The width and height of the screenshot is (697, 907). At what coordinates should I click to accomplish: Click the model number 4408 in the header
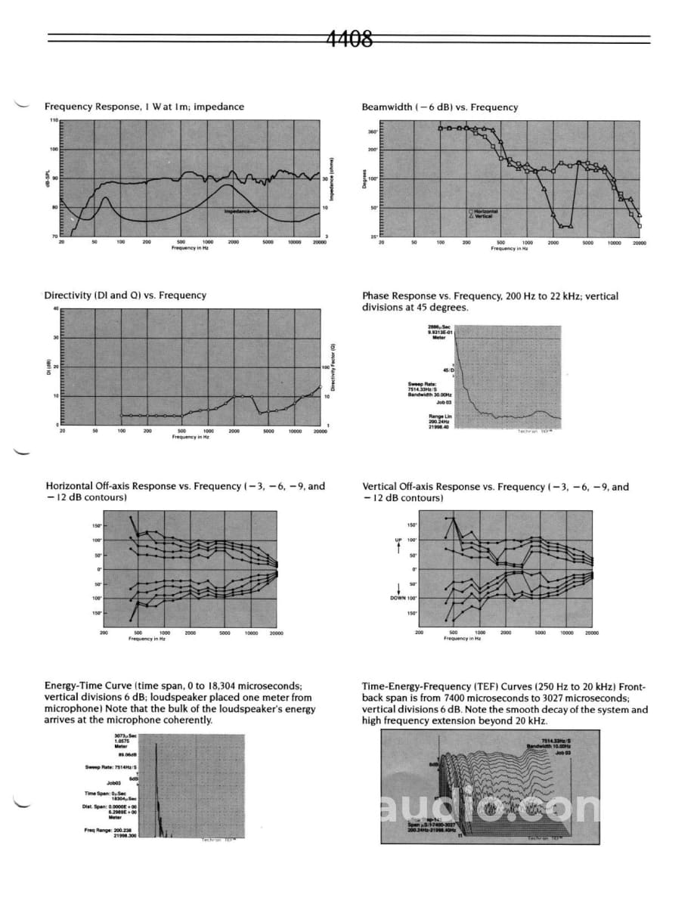[349, 39]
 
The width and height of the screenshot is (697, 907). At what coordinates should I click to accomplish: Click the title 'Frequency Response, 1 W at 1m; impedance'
[144, 107]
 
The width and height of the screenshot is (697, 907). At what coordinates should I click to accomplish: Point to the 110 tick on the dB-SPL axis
[54, 121]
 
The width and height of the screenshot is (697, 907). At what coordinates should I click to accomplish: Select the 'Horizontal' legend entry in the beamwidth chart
[485, 212]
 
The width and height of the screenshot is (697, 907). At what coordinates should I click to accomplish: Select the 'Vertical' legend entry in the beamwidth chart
[483, 216]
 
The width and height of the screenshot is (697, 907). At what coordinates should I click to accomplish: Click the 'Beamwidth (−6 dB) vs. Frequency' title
[439, 107]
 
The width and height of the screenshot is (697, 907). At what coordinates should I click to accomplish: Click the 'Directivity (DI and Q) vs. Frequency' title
[125, 295]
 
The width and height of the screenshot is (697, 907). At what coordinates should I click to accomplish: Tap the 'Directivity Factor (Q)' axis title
[333, 368]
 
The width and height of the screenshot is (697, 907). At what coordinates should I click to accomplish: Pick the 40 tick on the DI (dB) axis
[55, 308]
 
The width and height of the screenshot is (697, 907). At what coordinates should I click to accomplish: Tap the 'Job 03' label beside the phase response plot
[444, 402]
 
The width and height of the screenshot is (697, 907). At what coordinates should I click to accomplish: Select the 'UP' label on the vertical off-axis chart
[398, 540]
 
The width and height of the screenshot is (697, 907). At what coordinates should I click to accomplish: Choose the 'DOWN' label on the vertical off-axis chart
[398, 598]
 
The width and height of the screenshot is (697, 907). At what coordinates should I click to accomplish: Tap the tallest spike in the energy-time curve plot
[156, 748]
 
